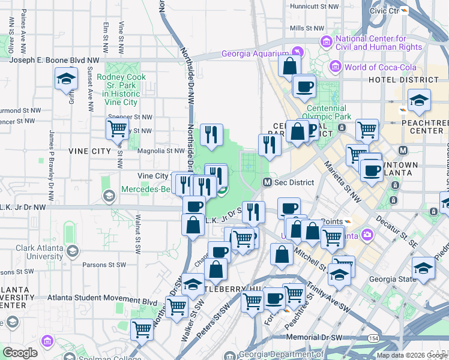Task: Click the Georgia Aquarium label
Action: tap(255, 52)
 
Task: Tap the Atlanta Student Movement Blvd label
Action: tap(89, 302)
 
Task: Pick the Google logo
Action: tap(20, 353)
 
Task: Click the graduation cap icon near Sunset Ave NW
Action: tap(66, 79)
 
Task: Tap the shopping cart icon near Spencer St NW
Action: tap(117, 128)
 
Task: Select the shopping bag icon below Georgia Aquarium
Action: tap(289, 65)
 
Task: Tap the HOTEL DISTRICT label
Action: tap(403, 80)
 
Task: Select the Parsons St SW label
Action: tap(104, 264)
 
